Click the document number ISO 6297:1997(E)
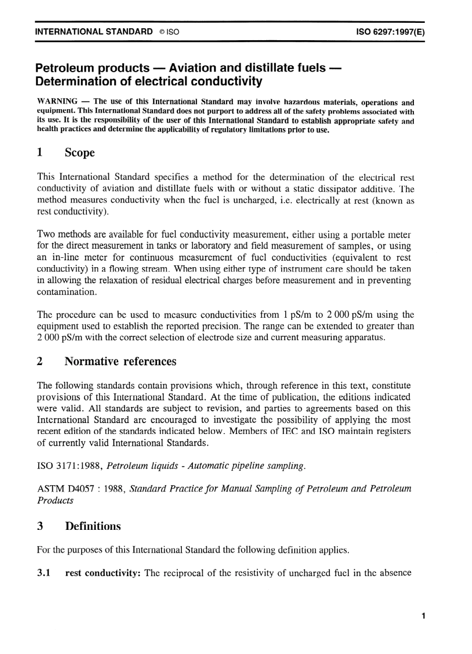click(x=390, y=32)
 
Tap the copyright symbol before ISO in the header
click(x=162, y=32)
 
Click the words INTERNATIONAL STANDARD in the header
click(x=94, y=31)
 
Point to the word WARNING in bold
click(x=57, y=101)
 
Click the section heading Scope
click(x=79, y=152)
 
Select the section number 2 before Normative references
click(x=40, y=362)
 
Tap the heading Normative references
click(x=120, y=362)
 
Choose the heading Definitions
click(x=93, y=526)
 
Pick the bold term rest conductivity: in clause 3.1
click(x=103, y=573)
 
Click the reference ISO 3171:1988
click(x=70, y=466)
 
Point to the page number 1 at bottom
click(x=423, y=616)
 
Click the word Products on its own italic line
click(x=55, y=501)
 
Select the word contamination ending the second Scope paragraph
click(x=66, y=292)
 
